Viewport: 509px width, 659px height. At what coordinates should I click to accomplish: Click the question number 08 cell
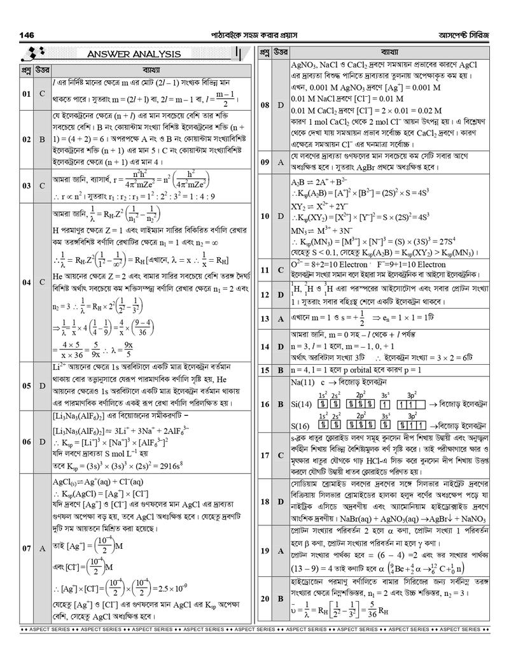click(x=265, y=104)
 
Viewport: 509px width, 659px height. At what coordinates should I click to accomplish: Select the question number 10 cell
click(x=265, y=216)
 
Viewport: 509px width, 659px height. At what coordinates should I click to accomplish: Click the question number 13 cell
click(x=265, y=318)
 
